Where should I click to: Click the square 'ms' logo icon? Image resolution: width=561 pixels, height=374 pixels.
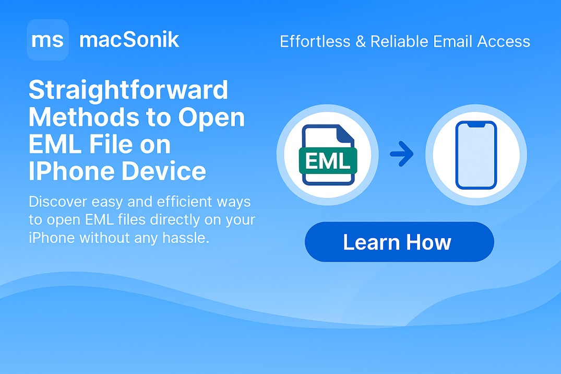(x=47, y=40)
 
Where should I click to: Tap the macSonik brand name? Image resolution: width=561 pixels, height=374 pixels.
(x=129, y=40)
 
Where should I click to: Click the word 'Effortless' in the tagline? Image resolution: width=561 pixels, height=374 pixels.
(x=315, y=41)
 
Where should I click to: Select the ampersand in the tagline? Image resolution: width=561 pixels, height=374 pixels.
(x=361, y=42)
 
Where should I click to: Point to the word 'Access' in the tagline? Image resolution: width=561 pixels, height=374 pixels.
(x=504, y=42)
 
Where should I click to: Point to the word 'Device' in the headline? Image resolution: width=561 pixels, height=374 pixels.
(x=164, y=171)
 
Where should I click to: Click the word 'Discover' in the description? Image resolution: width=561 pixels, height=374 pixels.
(x=57, y=202)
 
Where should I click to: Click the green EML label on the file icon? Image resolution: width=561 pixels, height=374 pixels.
(x=328, y=161)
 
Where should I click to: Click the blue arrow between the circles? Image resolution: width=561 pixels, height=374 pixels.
(x=402, y=154)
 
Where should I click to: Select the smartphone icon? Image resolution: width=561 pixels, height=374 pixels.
(x=476, y=155)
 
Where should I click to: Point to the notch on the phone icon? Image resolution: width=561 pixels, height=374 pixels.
(x=476, y=124)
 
